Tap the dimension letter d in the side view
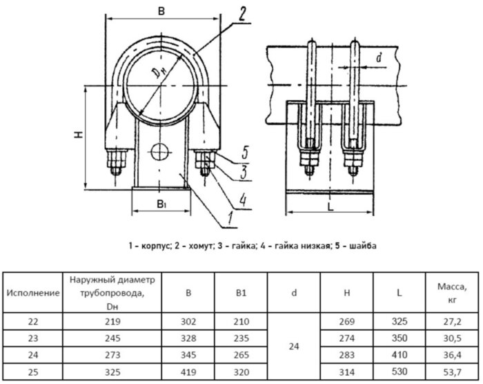380,59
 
